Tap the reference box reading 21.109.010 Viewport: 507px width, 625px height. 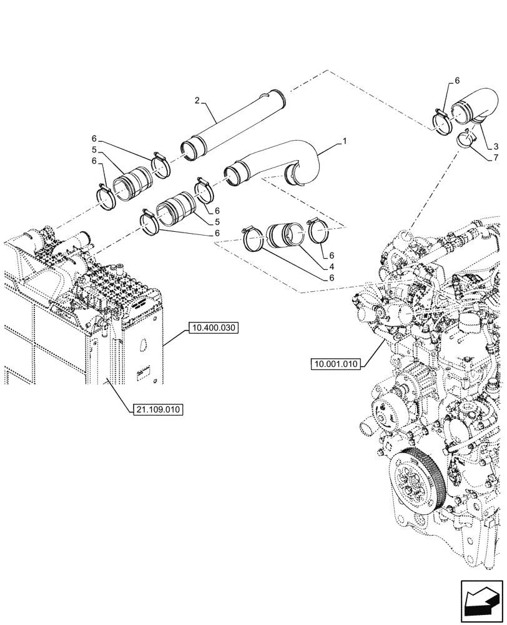click(156, 409)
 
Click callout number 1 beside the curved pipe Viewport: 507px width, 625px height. click(343, 142)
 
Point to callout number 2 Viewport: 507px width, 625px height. click(197, 100)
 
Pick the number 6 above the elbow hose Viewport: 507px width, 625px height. click(457, 81)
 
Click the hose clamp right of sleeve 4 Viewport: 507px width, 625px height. click(319, 232)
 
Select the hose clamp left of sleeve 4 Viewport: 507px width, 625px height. click(252, 241)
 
